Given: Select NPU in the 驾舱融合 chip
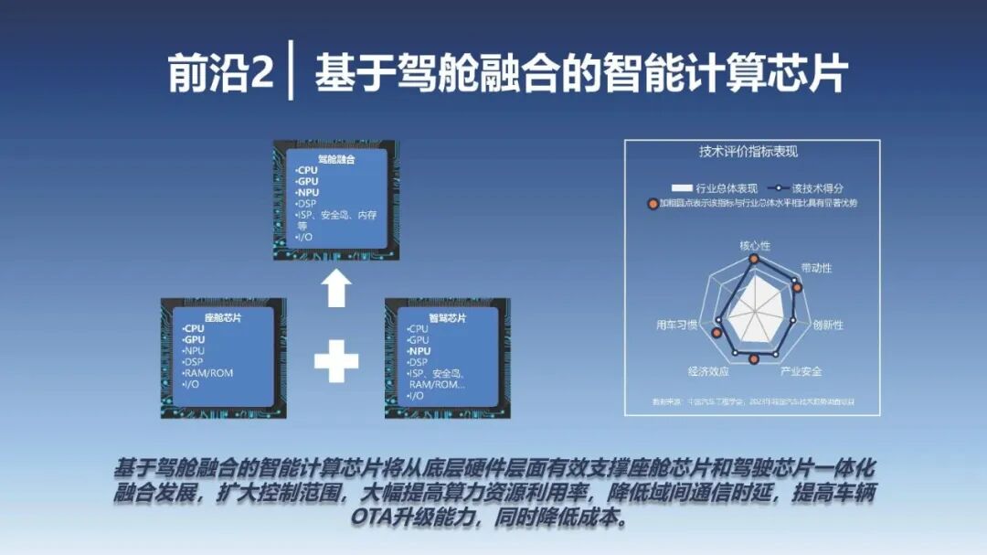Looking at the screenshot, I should (x=308, y=193).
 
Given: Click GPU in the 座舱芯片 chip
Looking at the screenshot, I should (x=195, y=340).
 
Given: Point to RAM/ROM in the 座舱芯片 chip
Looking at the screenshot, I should (x=208, y=373).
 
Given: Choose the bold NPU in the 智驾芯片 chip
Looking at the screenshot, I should (x=419, y=351).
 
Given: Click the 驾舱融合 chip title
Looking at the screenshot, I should (x=336, y=159).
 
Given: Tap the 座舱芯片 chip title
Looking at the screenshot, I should (x=223, y=317).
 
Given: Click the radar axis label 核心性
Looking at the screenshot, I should (x=755, y=246).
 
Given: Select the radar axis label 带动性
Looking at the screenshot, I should (x=816, y=268).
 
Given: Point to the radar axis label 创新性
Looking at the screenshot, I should (x=828, y=325).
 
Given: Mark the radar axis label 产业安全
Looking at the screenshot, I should (x=801, y=371).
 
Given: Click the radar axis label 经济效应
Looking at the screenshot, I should (x=708, y=371).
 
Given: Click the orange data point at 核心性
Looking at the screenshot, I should (x=754, y=259).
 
